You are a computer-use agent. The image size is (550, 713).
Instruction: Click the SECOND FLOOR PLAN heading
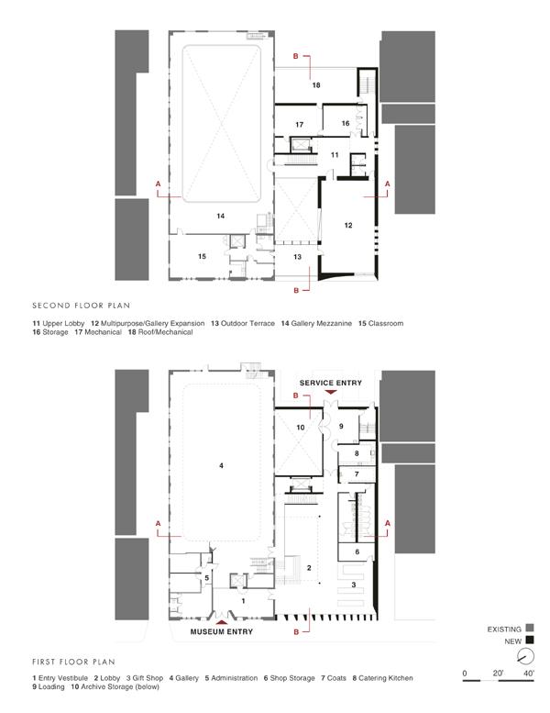82,306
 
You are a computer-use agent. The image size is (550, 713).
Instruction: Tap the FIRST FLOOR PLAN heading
73,662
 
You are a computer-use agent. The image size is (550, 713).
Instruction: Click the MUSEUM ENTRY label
222,631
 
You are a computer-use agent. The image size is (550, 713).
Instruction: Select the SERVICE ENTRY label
331,383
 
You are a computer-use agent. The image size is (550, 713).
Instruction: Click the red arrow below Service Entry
331,392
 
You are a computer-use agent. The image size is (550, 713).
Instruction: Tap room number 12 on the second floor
348,225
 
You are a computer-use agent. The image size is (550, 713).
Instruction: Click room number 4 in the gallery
221,465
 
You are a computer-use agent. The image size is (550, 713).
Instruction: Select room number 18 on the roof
316,85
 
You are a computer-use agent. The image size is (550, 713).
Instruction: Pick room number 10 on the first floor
300,428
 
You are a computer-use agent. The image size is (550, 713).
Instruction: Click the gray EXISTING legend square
530,628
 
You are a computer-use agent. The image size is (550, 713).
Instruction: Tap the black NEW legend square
530,641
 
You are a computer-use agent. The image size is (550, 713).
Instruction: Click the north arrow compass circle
526,656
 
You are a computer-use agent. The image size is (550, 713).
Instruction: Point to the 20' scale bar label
498,673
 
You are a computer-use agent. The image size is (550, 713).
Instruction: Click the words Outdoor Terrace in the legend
247,323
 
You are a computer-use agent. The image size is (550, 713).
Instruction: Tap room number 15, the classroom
202,256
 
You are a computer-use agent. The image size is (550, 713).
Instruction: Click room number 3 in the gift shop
354,585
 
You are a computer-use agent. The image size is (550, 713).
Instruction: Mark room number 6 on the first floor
357,552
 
